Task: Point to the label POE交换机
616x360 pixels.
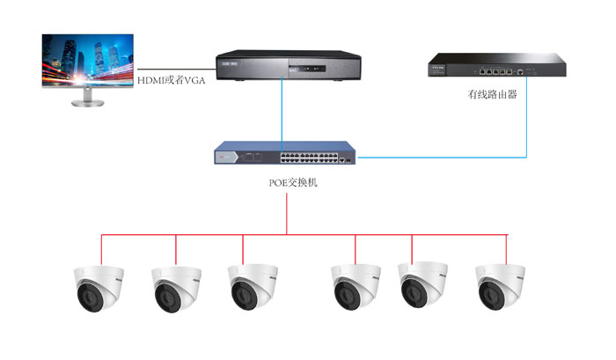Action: pos(287,184)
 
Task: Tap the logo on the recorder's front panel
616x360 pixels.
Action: pos(231,63)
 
